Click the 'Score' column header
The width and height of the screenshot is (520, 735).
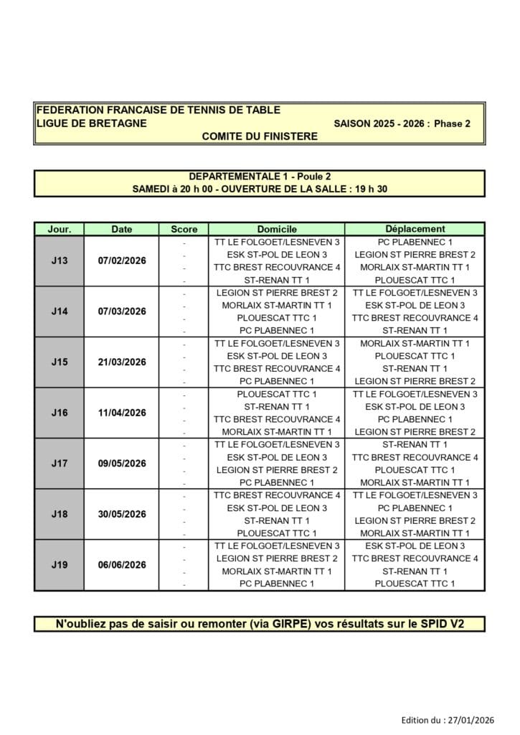(184, 230)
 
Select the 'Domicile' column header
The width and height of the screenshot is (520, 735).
(276, 230)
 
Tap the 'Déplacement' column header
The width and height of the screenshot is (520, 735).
(415, 230)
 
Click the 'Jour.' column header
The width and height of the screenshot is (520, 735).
(60, 230)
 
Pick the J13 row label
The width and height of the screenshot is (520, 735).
(60, 261)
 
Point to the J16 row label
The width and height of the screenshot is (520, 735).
(60, 413)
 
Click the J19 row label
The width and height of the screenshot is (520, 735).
(60, 565)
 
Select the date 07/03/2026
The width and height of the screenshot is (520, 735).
(122, 312)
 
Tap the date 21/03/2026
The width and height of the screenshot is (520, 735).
(122, 362)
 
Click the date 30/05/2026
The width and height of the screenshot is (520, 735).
(122, 515)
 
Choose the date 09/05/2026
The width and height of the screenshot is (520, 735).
(122, 464)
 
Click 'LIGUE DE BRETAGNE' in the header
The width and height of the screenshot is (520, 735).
(92, 123)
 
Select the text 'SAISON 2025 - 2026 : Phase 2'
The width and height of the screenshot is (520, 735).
(402, 123)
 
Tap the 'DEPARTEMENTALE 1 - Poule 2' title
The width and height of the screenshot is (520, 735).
(260, 177)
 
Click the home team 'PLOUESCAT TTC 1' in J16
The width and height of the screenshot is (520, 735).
(276, 394)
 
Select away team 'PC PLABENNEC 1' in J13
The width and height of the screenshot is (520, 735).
(415, 243)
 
